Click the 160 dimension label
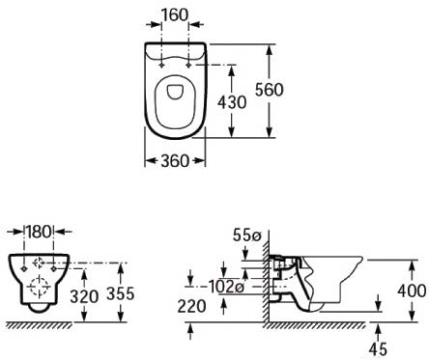[x=174, y=15]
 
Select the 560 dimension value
[x=270, y=90]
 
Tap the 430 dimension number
[x=232, y=102]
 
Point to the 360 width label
[x=175, y=160]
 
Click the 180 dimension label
[x=39, y=232]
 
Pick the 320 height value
[x=84, y=296]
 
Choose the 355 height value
[x=121, y=293]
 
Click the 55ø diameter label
[x=246, y=235]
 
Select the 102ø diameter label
[x=226, y=286]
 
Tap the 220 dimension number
[x=191, y=306]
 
